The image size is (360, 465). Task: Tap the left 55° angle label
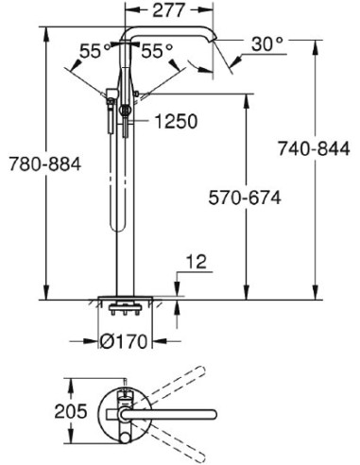[91, 52]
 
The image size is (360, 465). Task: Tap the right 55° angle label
[157, 52]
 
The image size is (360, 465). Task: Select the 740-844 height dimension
[315, 147]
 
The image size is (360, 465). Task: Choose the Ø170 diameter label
[126, 343]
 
